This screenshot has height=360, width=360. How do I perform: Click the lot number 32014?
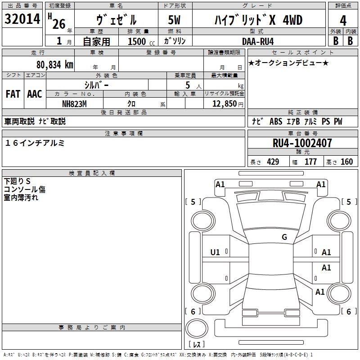(22, 19)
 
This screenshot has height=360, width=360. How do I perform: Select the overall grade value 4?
(343, 21)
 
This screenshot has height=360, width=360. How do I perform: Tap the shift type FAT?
(13, 94)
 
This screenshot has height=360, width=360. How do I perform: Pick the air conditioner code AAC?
(35, 94)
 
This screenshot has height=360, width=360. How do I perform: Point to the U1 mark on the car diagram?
(216, 252)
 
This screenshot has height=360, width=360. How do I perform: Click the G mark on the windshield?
(284, 237)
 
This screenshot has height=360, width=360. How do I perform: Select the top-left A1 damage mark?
(220, 184)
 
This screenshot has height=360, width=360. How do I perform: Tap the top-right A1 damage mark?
(321, 184)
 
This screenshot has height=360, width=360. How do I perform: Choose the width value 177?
(310, 162)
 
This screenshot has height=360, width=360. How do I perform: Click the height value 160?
(347, 162)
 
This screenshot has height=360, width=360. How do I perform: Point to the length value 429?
(273, 162)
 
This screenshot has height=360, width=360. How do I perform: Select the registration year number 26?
(58, 24)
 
